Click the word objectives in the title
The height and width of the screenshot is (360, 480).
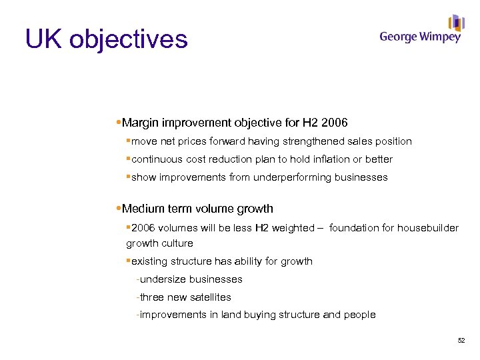128,39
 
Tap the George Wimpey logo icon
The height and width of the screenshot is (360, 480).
456,23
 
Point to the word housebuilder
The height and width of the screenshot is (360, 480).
427,228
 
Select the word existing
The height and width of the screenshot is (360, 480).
151,261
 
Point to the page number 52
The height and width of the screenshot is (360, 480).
461,341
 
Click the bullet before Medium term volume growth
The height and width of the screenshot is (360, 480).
118,209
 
